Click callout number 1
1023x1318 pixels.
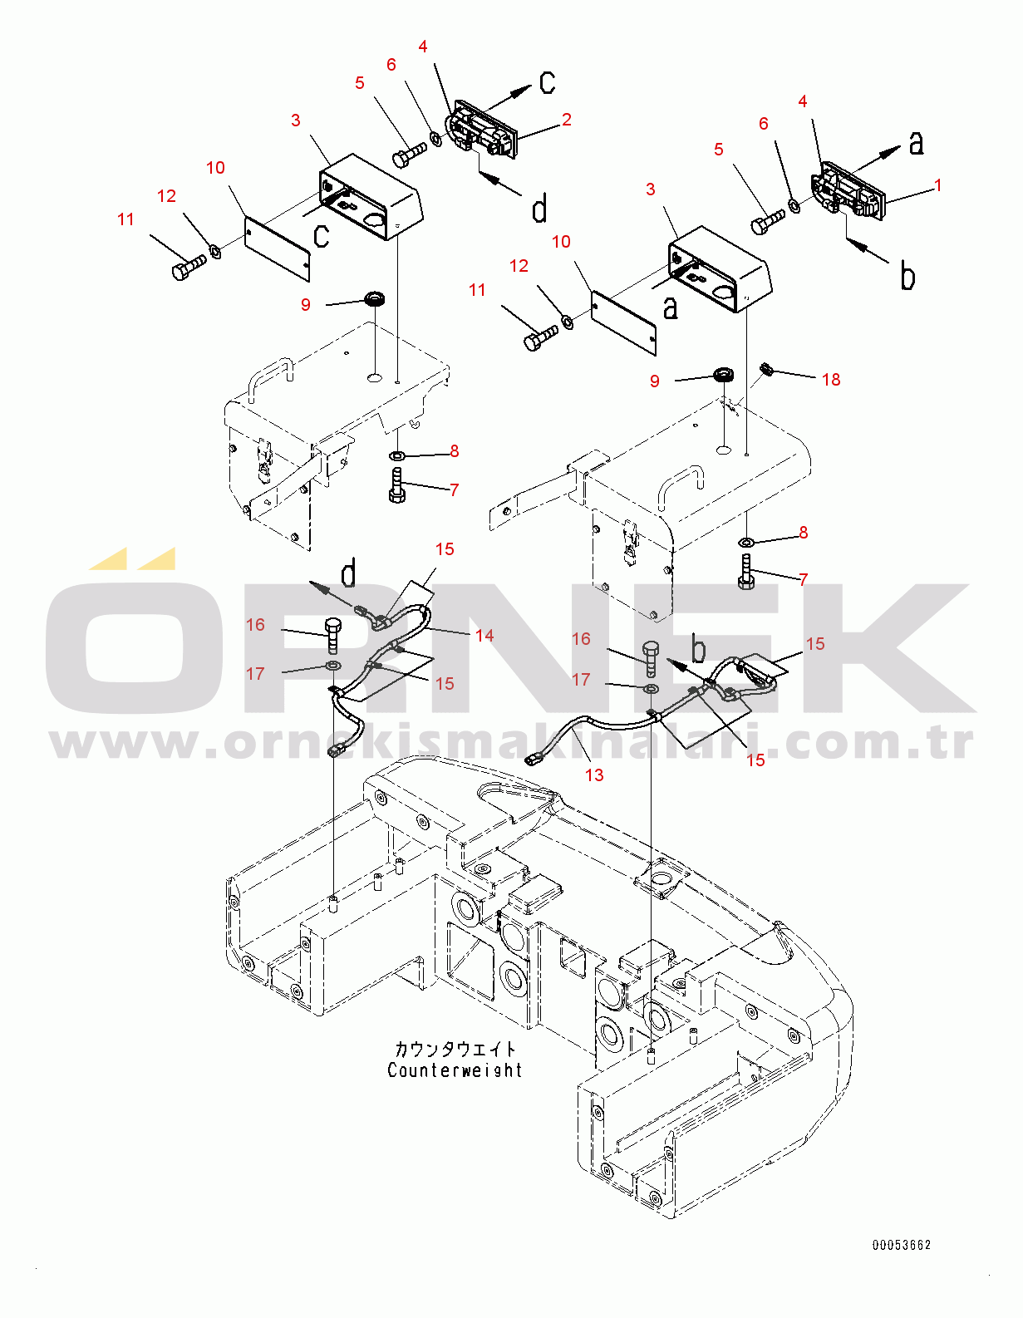click(938, 185)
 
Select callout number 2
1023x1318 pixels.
click(567, 120)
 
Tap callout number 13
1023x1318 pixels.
click(594, 775)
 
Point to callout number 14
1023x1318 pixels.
click(484, 635)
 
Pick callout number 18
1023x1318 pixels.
click(831, 380)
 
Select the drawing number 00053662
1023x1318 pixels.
click(901, 1245)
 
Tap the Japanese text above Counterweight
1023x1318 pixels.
click(455, 1050)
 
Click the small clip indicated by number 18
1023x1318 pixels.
click(766, 368)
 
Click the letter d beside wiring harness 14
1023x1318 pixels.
click(348, 573)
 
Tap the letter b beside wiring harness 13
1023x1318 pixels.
click(699, 648)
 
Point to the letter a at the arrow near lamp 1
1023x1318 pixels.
click(917, 143)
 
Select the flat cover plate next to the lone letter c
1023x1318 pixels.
click(277, 249)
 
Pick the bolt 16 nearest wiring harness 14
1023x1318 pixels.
click(333, 635)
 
